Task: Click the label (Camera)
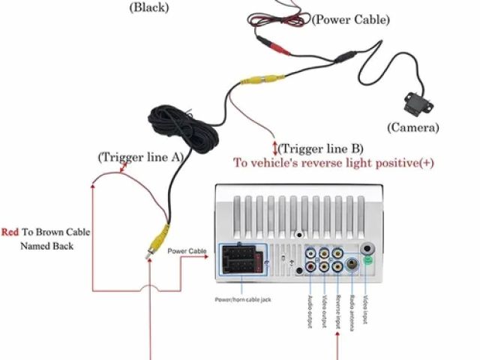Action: click(x=412, y=127)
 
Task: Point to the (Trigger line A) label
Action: click(x=140, y=157)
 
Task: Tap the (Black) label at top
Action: click(x=149, y=8)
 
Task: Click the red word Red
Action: click(x=10, y=232)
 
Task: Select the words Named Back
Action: click(x=46, y=246)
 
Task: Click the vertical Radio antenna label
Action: click(x=351, y=310)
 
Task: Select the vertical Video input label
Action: click(x=366, y=307)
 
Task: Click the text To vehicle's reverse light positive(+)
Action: click(x=334, y=163)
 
